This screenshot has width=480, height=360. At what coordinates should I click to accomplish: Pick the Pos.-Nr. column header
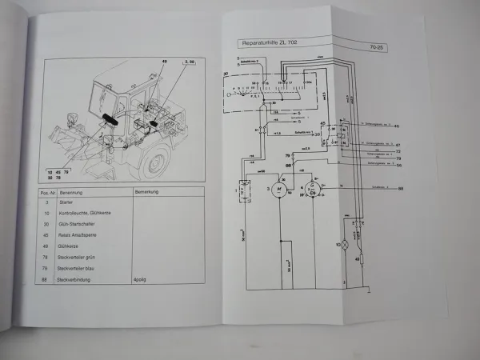[47, 192]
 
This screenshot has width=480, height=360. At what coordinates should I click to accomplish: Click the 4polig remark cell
[146, 280]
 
